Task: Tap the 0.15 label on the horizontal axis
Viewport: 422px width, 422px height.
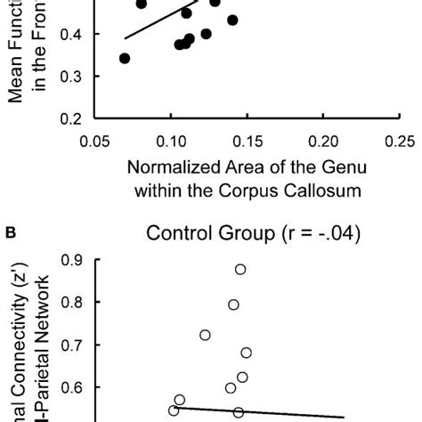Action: point(248,141)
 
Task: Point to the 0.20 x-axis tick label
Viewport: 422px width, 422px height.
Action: point(324,141)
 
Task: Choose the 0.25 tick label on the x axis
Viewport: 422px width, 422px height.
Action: point(400,141)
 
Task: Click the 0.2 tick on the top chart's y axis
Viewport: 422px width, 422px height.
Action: point(72,118)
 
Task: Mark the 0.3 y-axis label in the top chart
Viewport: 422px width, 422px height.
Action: point(72,77)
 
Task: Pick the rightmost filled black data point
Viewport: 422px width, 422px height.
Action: point(233,20)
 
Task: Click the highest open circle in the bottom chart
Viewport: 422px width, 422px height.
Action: point(240,269)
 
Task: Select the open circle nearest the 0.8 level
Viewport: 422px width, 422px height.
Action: point(233,304)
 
